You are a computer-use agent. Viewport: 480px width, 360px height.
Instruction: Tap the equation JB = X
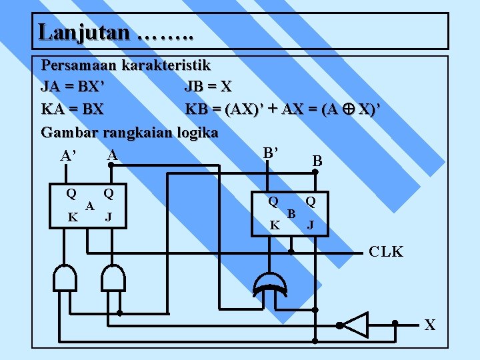(208, 87)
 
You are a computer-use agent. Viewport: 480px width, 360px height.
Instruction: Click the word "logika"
(195, 132)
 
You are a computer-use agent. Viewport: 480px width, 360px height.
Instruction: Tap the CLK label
(386, 252)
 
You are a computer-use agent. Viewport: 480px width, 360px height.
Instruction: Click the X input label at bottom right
(430, 325)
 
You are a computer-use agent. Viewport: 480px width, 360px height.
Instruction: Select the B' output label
(270, 153)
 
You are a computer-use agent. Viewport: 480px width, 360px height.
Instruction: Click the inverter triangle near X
(355, 325)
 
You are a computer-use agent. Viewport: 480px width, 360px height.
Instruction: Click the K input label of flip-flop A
(73, 217)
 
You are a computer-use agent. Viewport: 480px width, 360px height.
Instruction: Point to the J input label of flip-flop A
(108, 217)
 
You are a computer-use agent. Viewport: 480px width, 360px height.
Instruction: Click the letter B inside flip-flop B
(291, 213)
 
